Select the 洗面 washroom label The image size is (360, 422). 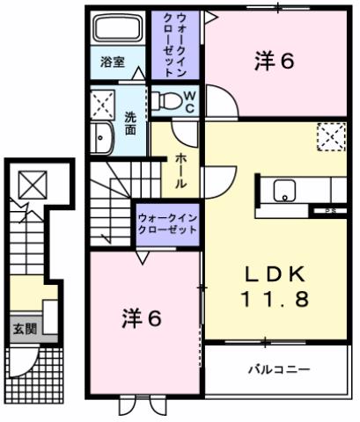(x=130, y=124)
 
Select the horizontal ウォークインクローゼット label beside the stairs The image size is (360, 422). (x=166, y=220)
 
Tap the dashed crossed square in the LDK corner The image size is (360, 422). (x=331, y=137)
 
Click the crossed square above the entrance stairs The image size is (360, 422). (x=33, y=185)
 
